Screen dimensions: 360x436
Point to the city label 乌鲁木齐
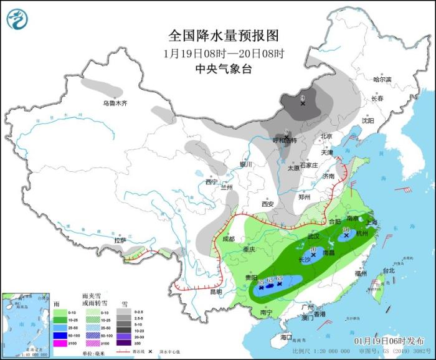click(115, 103)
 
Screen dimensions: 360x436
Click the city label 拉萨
click(120, 240)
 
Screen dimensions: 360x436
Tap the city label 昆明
click(215, 291)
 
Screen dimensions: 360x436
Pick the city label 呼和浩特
click(286, 140)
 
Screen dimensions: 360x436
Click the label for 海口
click(286, 337)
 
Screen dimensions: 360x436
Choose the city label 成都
click(229, 239)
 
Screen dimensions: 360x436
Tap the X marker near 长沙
click(313, 254)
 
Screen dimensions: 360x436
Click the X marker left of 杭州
click(346, 235)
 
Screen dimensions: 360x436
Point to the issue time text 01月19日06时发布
click(387, 341)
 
